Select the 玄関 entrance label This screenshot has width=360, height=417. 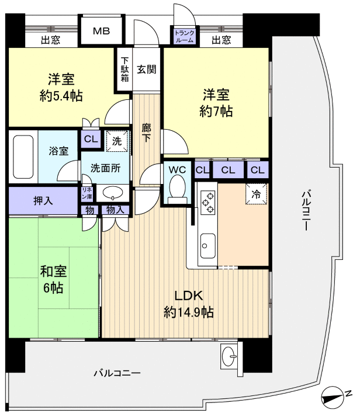146,69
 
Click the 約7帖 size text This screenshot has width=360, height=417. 216,111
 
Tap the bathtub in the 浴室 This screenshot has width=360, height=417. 23,157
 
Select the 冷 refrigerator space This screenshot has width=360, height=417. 257,193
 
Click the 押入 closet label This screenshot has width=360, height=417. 43,200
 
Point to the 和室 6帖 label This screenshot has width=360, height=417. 53,279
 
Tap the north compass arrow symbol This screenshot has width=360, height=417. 335,397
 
